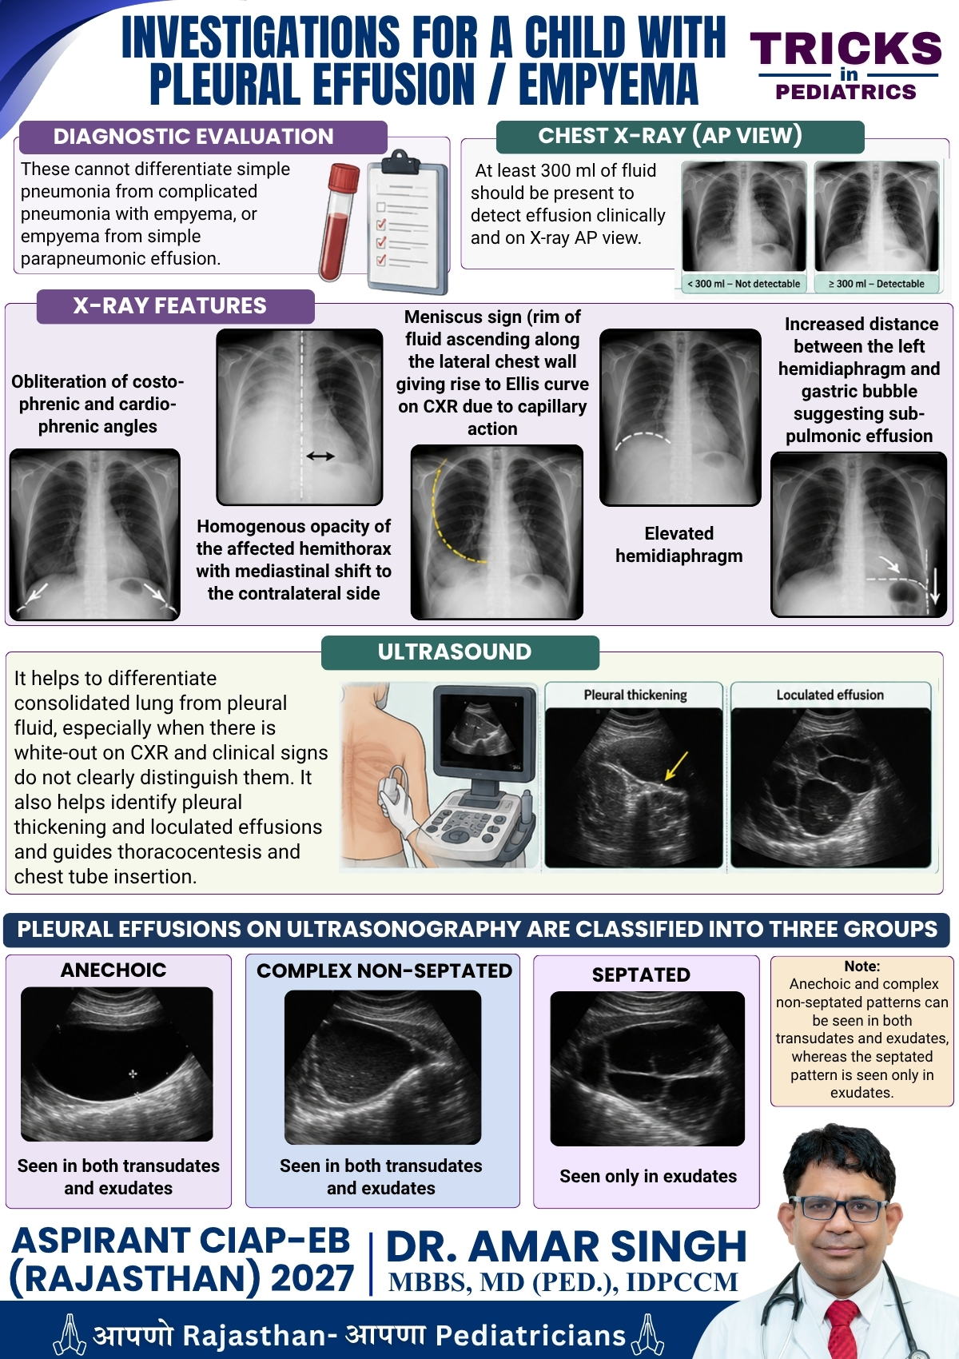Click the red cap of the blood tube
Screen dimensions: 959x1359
pyautogui.click(x=344, y=177)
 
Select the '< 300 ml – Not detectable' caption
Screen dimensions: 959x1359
pyautogui.click(x=744, y=283)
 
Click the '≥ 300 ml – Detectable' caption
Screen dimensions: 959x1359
pyautogui.click(x=877, y=283)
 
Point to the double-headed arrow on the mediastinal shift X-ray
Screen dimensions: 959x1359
pyautogui.click(x=320, y=456)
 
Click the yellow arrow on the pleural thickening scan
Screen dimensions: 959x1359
pyautogui.click(x=676, y=766)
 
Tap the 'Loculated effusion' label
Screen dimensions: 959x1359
pyautogui.click(x=830, y=695)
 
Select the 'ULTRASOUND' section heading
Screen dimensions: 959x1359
pyautogui.click(x=455, y=652)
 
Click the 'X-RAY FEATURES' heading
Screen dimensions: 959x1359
pyautogui.click(x=170, y=305)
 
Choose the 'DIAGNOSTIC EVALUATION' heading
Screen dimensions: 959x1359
pyautogui.click(x=193, y=137)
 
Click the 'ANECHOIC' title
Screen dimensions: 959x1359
pyautogui.click(x=113, y=970)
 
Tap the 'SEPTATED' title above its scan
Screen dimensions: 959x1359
pyautogui.click(x=641, y=974)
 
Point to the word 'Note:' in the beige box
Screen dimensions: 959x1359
pyautogui.click(x=862, y=966)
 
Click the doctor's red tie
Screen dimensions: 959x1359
pyautogui.click(x=842, y=1329)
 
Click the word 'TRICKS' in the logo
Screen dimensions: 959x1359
pyautogui.click(x=846, y=49)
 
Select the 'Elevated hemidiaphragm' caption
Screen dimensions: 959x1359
pyautogui.click(x=678, y=544)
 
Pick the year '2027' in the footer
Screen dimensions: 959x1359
pyautogui.click(x=312, y=1278)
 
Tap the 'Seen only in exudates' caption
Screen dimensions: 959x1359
pyautogui.click(x=648, y=1176)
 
